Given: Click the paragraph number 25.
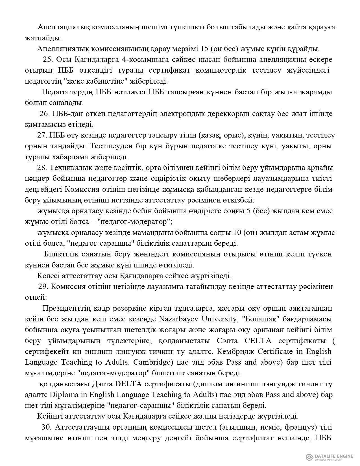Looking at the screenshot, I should click(47, 60).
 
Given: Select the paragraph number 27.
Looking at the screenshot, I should click(42, 135).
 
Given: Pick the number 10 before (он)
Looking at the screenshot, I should click(235, 233).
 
